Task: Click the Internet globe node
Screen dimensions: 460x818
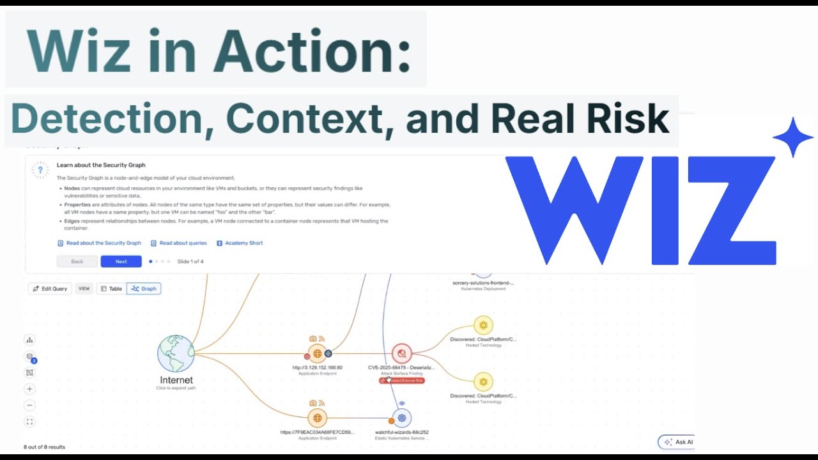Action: [176, 353]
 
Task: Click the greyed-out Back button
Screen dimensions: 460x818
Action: [77, 261]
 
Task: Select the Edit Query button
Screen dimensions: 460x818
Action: [50, 289]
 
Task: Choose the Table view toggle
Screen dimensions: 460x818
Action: [111, 289]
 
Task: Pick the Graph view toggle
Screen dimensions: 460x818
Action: [144, 289]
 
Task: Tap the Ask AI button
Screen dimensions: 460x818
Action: [679, 442]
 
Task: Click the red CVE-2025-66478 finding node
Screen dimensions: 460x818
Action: [401, 353]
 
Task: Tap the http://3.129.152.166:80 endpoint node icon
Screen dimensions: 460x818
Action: [317, 353]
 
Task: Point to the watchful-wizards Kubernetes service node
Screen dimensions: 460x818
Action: [401, 418]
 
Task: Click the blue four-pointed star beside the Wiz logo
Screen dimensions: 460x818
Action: [792, 137]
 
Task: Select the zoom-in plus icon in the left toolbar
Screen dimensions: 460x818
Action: [29, 389]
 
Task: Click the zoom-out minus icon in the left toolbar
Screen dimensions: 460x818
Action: [29, 405]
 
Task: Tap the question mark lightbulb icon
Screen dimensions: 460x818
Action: [40, 170]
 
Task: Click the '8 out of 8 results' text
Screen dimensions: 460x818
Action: [44, 447]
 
